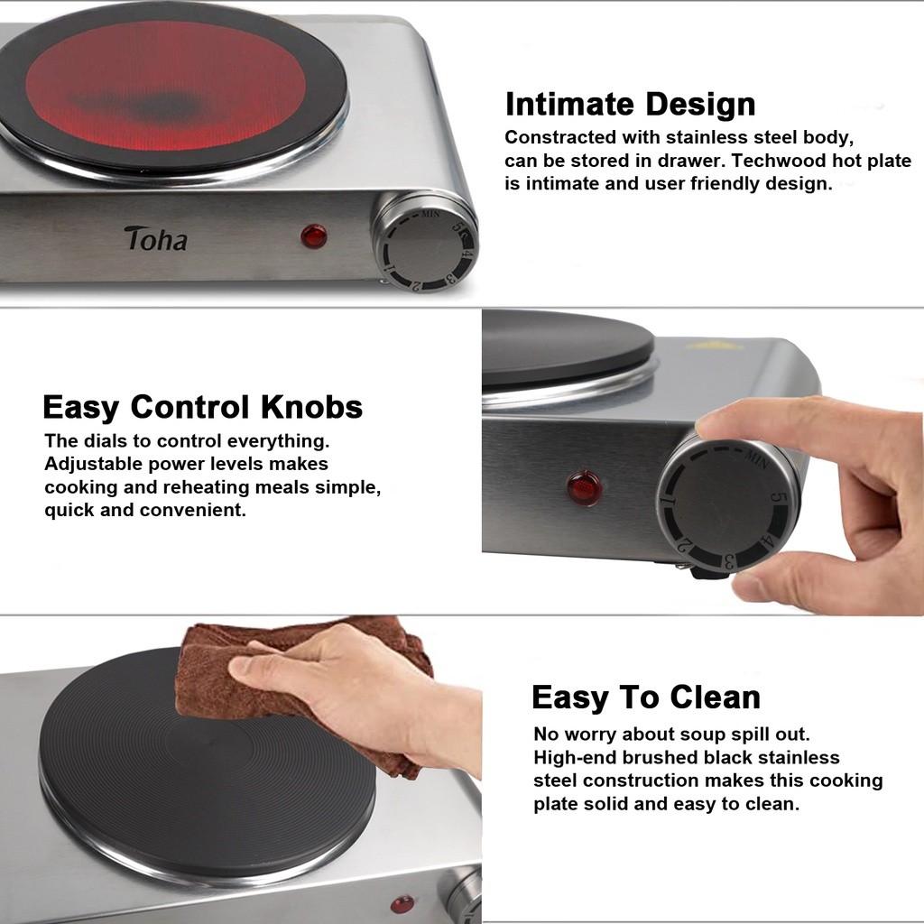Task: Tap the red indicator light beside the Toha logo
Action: pos(314,237)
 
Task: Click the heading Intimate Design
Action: pos(630,104)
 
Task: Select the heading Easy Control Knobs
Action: pos(202,407)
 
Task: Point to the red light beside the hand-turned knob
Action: pos(585,488)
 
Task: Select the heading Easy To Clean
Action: pos(645,698)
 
